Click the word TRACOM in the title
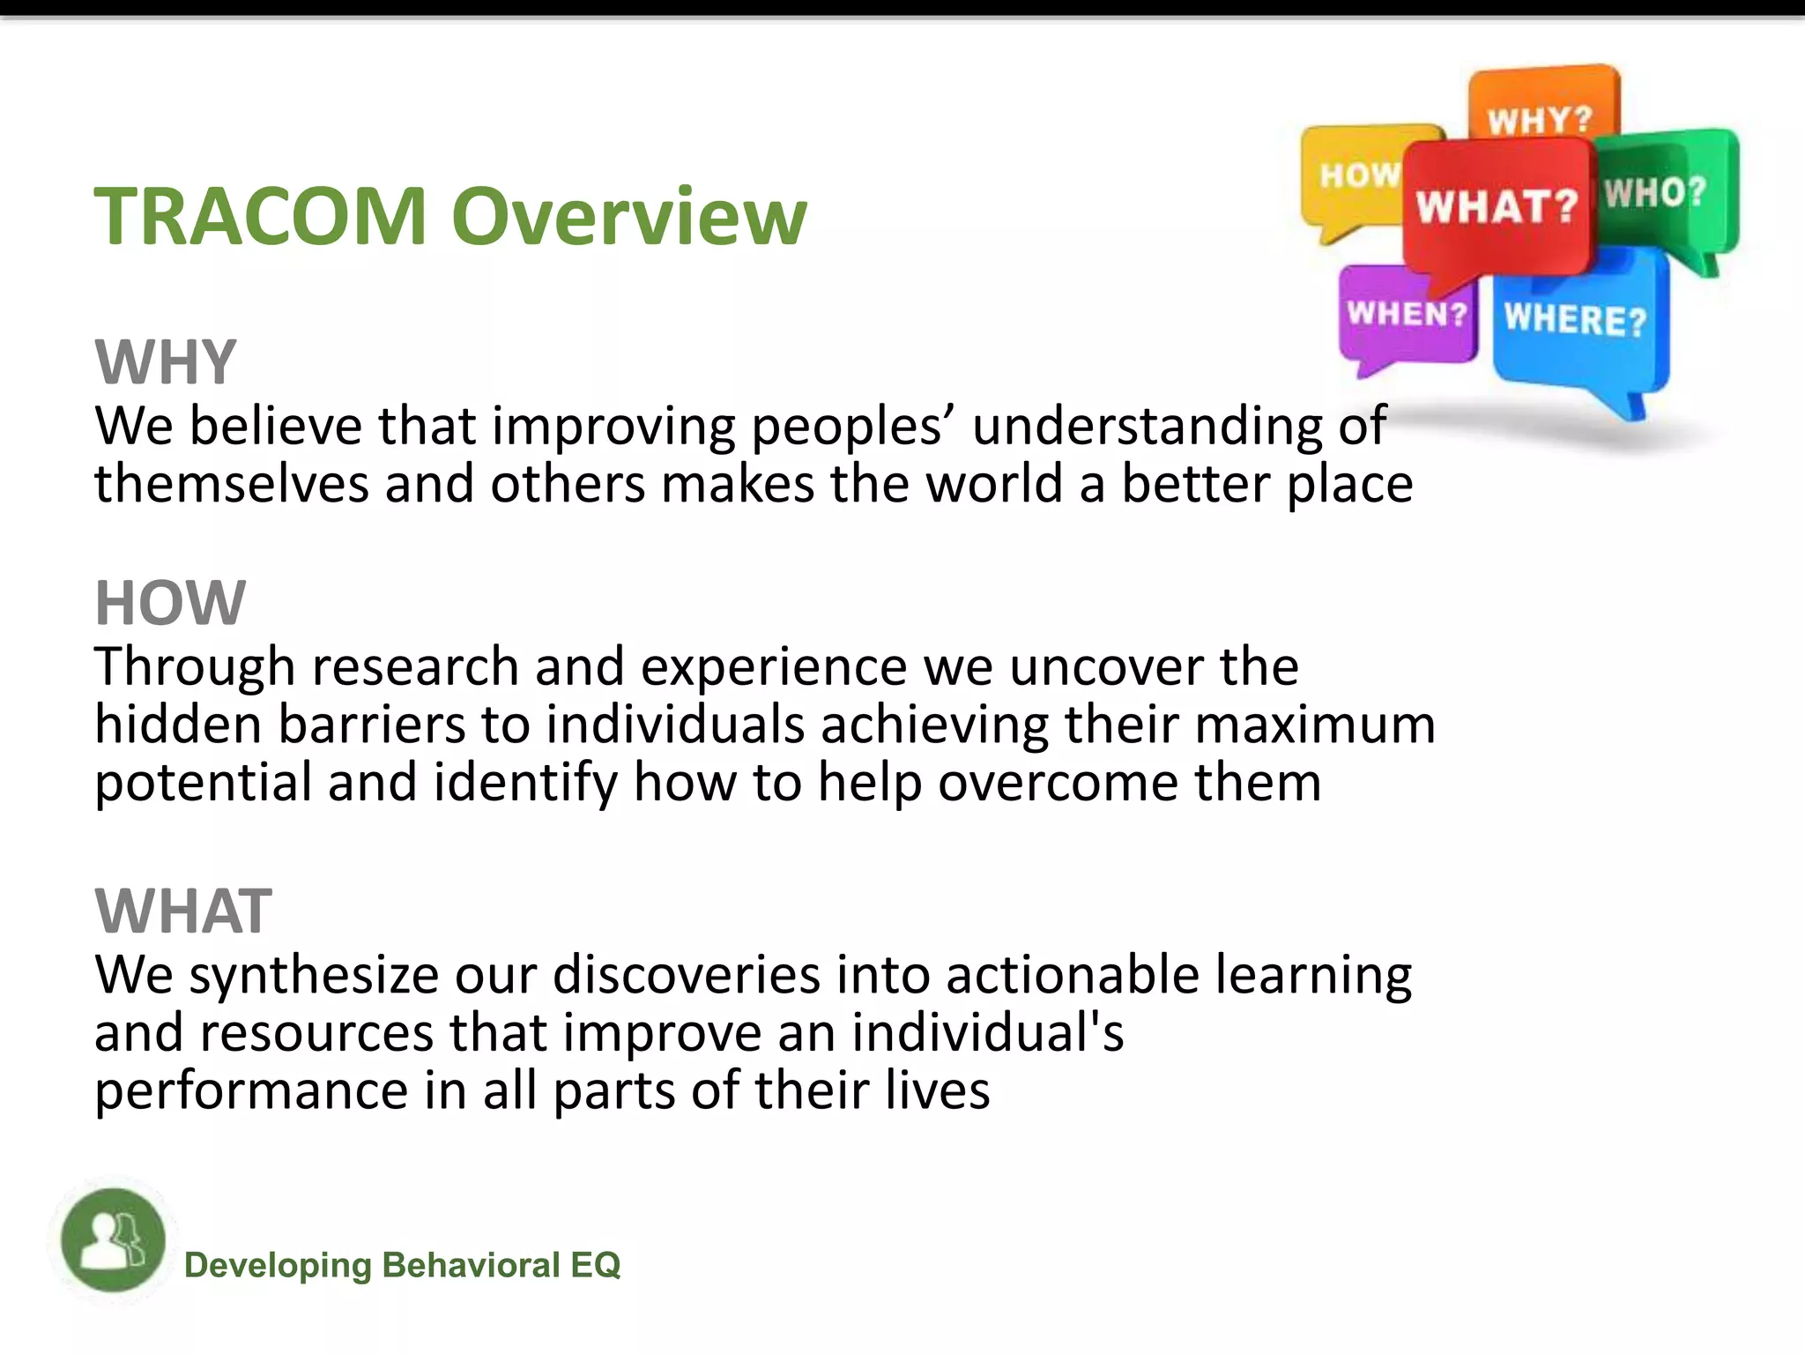pos(261,217)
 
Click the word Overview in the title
pos(628,217)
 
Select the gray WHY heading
pos(166,362)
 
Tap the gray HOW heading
pos(170,604)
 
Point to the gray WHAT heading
pos(183,911)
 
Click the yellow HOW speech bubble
pos(1353,176)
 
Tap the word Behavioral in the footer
pos(472,1266)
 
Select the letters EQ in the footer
pos(596,1266)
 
